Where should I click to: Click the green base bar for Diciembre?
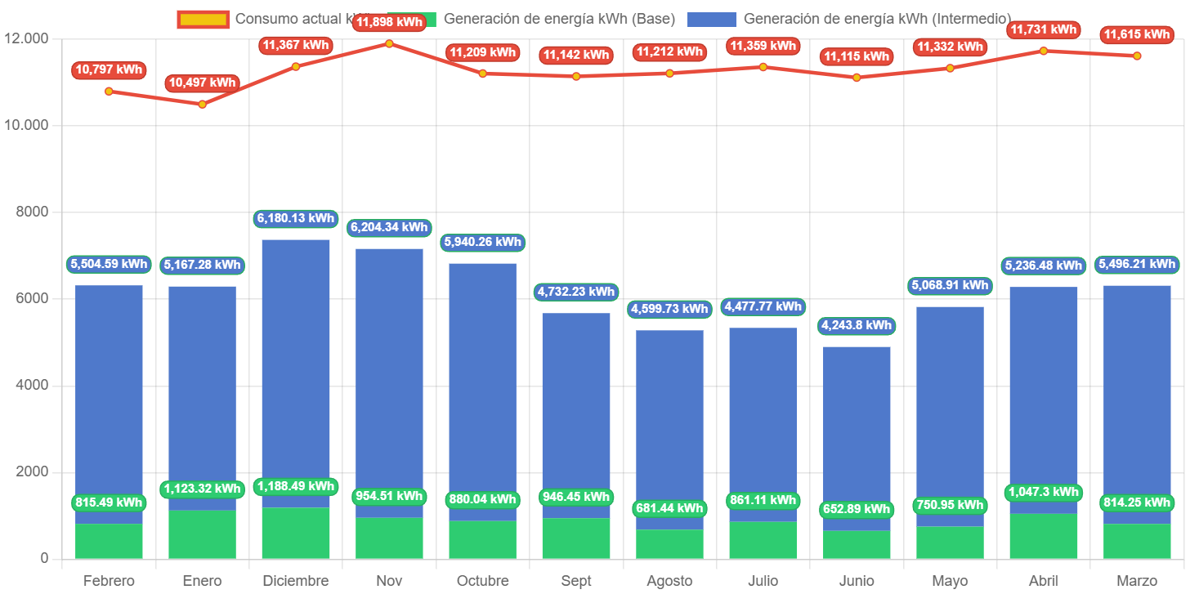tap(296, 533)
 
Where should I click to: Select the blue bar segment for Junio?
tap(857, 425)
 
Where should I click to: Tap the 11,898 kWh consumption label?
tap(388, 22)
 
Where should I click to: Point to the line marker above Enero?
tap(203, 104)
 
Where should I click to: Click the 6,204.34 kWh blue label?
tap(388, 227)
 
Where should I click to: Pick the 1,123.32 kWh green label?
tap(203, 489)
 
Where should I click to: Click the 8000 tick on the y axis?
tap(32, 212)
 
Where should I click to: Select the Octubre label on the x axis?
tap(482, 581)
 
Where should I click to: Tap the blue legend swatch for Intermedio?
tap(711, 19)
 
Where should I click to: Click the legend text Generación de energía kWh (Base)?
tap(559, 19)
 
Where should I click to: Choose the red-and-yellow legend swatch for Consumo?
tap(202, 19)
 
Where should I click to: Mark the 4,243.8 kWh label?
tap(857, 325)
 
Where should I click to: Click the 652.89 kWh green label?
tap(857, 509)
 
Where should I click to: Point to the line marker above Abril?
tap(1044, 51)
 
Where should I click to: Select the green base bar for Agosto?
tap(669, 543)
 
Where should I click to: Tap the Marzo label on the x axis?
tap(1137, 581)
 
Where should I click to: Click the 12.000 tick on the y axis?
tap(26, 38)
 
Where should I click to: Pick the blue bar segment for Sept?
tap(576, 409)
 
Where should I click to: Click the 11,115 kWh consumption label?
tap(857, 56)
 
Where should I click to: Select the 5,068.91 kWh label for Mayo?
tap(950, 285)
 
